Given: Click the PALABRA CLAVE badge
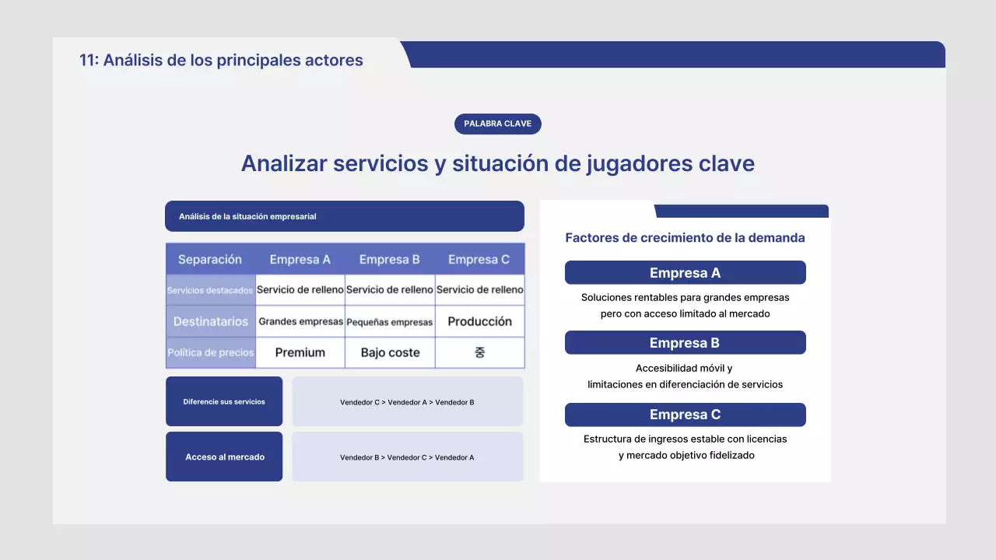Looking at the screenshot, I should coord(497,124).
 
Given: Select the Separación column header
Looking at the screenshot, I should coord(210,259).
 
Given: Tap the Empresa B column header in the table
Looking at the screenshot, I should coord(390,259).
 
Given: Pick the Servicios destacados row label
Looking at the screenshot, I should coord(210,290).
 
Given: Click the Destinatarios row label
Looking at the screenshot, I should coord(210,321).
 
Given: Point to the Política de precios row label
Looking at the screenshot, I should coord(210,352).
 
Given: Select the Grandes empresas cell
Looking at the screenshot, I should coord(300,321).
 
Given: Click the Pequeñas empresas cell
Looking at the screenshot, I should coord(390,321).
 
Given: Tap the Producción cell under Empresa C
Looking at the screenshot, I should coord(479,321).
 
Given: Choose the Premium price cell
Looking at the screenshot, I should coord(300,352).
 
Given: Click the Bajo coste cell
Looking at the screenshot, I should coord(390,352).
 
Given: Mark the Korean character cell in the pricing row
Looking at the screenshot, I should coord(479,352).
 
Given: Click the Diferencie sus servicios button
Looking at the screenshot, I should coord(224,401).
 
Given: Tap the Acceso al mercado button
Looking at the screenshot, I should coord(224,457).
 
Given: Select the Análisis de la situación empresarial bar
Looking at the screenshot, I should coord(344,216).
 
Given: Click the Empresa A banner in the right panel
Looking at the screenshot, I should coord(685,273).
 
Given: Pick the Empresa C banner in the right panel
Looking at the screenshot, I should coord(685,415).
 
